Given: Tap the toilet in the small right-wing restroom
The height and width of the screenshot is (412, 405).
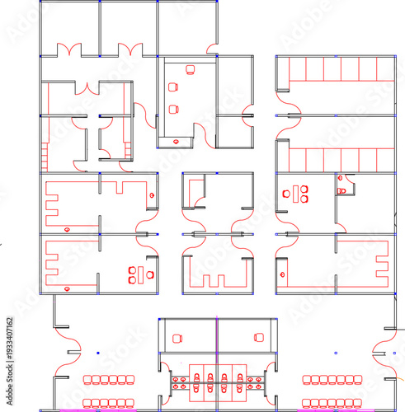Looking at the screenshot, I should [x=341, y=190].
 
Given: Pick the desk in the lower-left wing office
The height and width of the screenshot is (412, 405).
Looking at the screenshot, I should [x=141, y=274].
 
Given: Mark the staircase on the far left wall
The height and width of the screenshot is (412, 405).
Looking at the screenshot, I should [x=42, y=153].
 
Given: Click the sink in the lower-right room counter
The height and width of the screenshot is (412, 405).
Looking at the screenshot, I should [x=283, y=273].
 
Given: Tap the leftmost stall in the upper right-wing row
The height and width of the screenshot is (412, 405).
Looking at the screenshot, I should [x=299, y=69].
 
